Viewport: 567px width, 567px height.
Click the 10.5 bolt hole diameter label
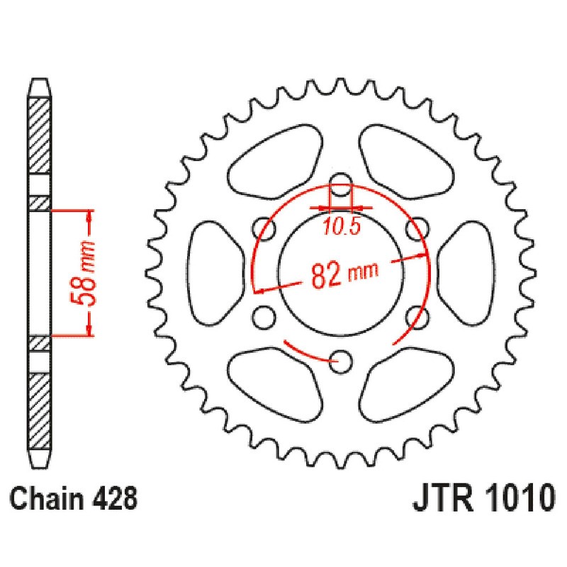(x=343, y=227)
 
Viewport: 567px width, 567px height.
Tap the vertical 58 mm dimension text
(x=86, y=273)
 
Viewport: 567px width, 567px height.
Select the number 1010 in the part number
(x=515, y=500)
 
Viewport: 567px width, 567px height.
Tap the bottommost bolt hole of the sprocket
(x=342, y=361)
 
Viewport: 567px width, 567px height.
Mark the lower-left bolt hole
(x=265, y=316)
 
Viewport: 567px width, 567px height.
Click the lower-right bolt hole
(x=419, y=316)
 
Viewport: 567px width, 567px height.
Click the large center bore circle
(x=342, y=272)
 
